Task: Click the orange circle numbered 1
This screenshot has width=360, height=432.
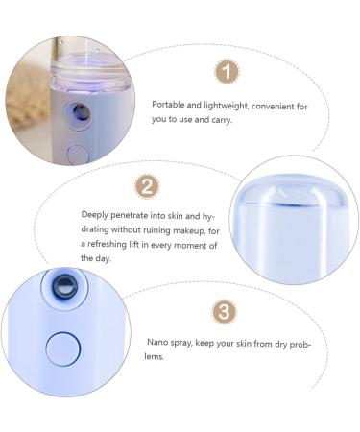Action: [x=226, y=71]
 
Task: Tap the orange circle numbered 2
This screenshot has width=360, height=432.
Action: [x=147, y=186]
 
